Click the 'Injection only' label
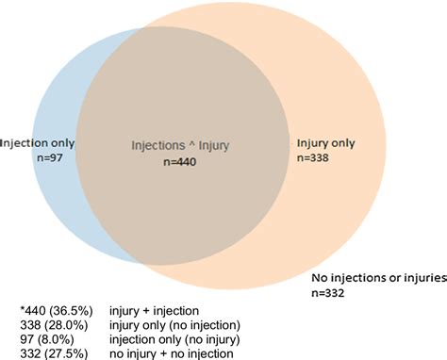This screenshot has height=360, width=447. click(x=38, y=143)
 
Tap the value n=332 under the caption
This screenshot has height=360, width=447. click(x=330, y=293)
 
